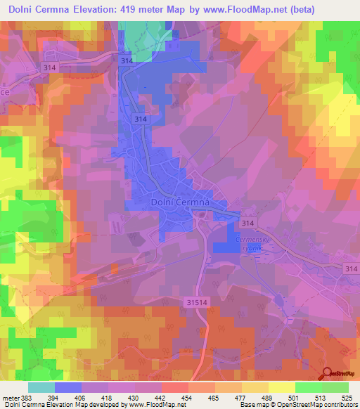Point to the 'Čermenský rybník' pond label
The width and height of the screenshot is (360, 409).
pyautogui.click(x=246, y=242)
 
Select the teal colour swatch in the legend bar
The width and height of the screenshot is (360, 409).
pyautogui.click(x=41, y=387)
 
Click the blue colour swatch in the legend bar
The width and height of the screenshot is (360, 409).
pyautogui.click(x=68, y=387)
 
